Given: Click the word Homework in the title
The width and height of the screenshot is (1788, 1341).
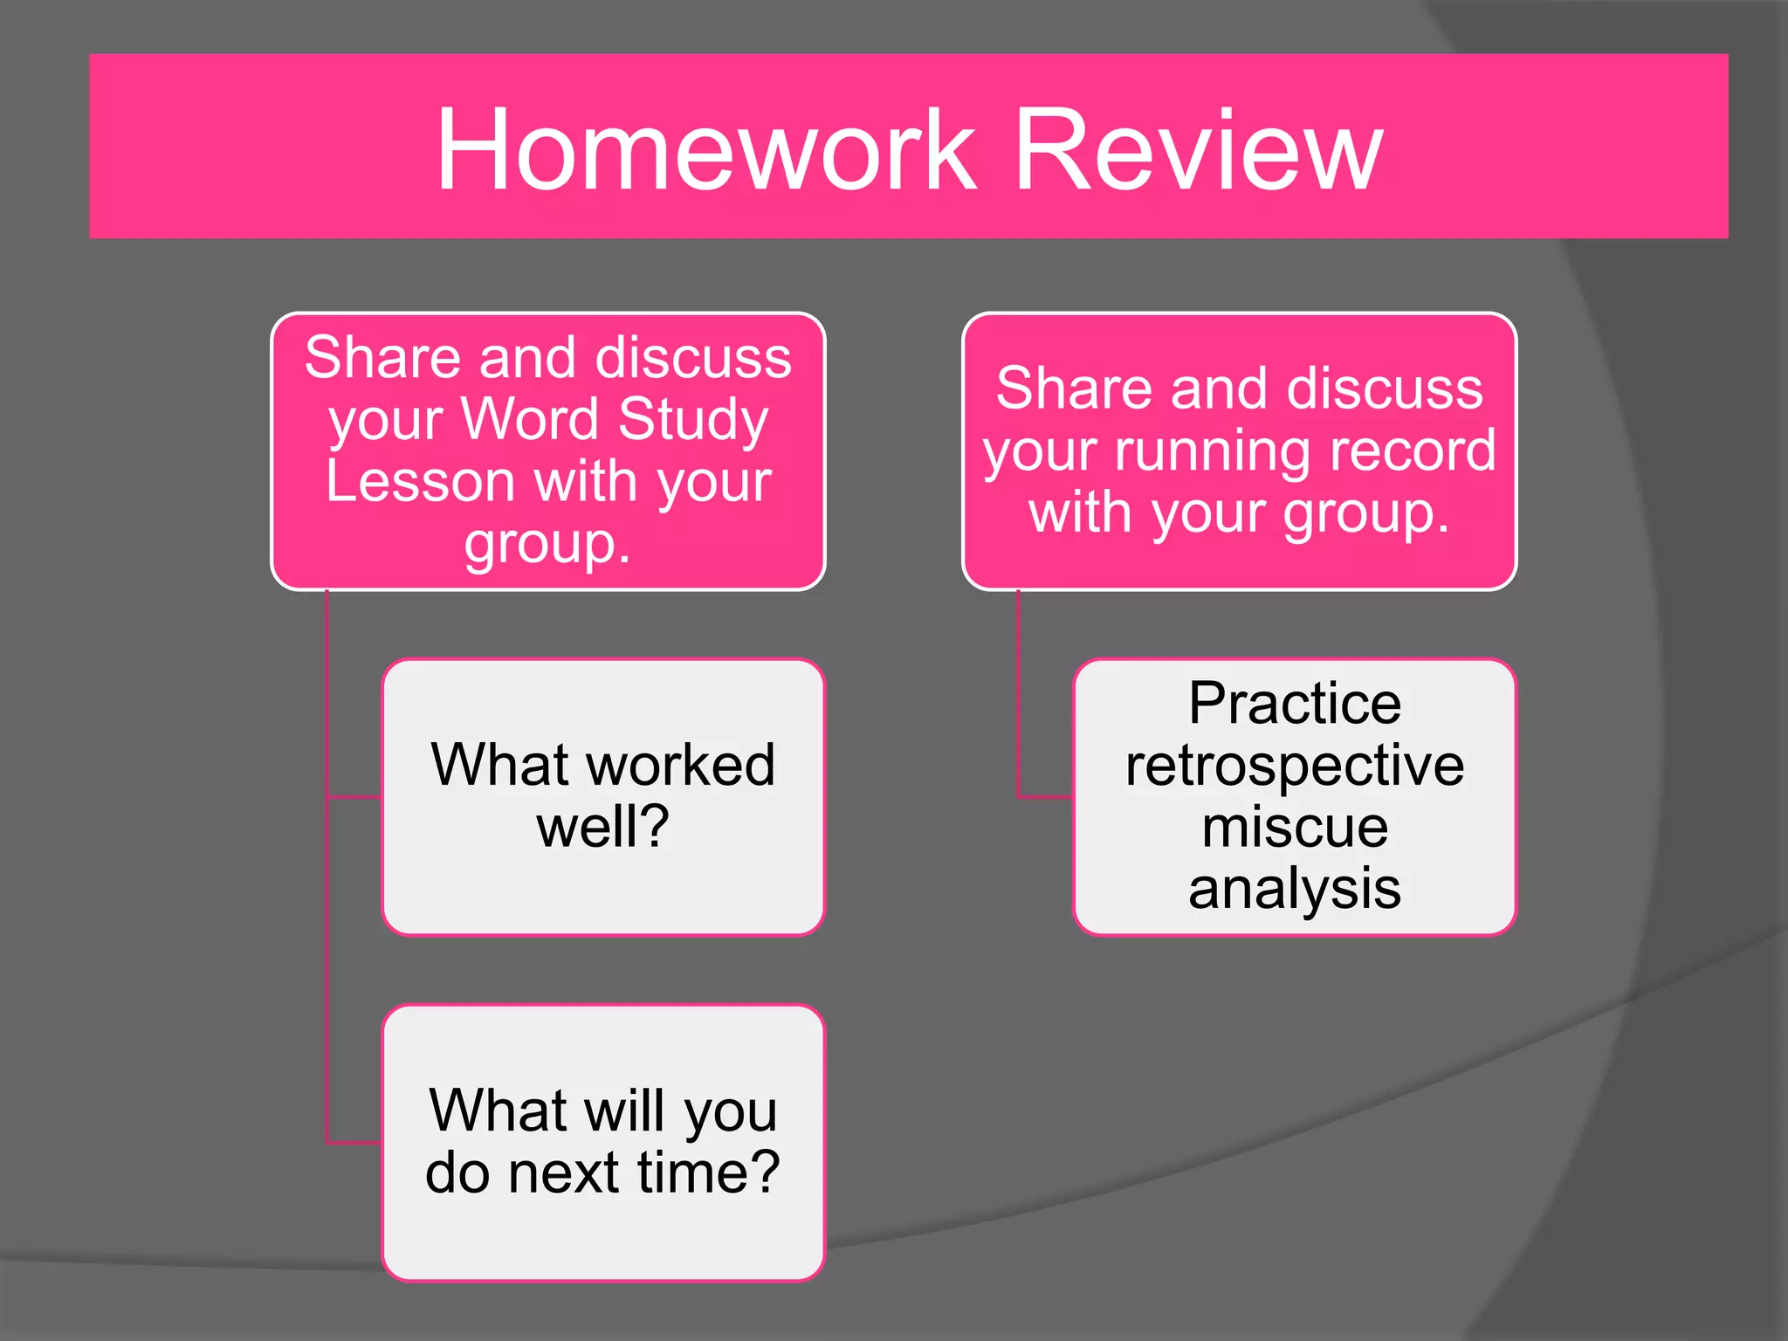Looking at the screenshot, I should click(705, 150).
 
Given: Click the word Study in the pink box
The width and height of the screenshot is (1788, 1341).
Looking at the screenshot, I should click(693, 421).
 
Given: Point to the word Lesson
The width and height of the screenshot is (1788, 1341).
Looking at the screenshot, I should click(420, 481).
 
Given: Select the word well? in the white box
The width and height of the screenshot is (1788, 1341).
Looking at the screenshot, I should click(602, 827).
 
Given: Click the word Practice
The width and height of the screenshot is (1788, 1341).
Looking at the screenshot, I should click(1295, 704).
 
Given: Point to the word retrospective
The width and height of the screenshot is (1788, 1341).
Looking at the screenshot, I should click(1295, 767).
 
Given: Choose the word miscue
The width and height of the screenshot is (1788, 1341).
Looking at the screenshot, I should click(1295, 827).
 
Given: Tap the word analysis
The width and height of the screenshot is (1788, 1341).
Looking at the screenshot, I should click(1295, 889).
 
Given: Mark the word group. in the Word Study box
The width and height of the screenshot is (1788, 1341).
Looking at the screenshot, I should click(547, 545).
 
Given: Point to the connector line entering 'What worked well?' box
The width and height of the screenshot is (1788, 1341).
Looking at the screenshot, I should click(354, 797).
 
